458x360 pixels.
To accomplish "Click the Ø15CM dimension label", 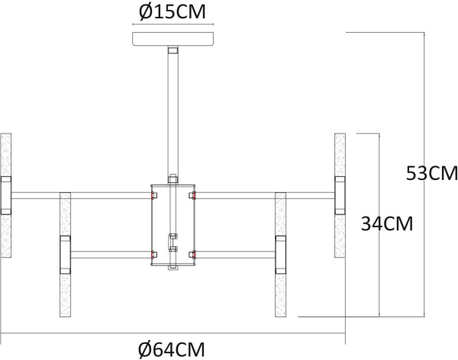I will click(x=173, y=13).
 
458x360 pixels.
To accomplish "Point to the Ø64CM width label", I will click(x=173, y=349).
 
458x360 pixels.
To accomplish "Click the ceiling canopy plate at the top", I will click(x=173, y=39).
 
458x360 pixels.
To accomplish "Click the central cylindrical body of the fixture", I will click(x=173, y=225).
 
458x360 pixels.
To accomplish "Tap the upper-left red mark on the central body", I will click(x=152, y=196).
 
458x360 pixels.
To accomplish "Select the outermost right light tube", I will click(x=340, y=196).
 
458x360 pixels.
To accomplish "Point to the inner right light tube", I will click(x=281, y=254).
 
